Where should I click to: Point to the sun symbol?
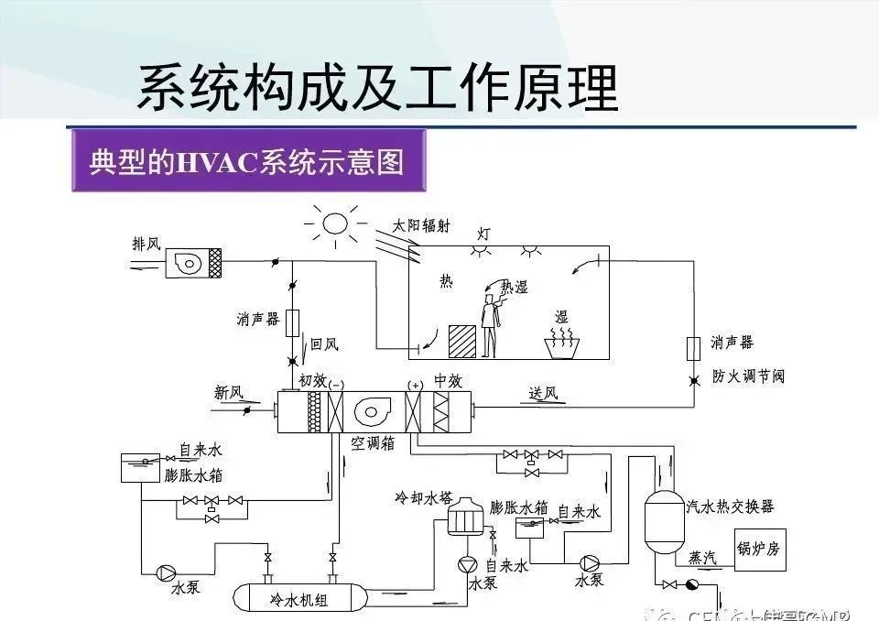tap(334, 223)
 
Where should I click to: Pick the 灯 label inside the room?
tap(483, 234)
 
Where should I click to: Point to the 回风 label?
tap(324, 344)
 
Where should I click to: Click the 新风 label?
tap(229, 393)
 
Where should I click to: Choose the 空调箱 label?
tap(372, 444)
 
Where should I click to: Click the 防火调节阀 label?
tap(748, 376)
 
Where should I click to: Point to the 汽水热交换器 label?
tap(731, 506)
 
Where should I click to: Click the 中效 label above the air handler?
tap(447, 379)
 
